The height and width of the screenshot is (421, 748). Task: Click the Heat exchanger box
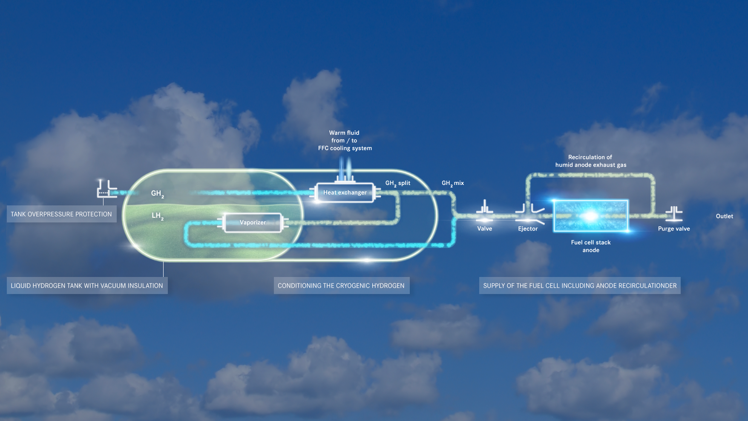345,193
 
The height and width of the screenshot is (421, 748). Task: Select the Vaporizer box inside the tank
253,222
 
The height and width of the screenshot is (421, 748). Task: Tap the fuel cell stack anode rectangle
590,216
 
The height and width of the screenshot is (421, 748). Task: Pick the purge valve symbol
674,213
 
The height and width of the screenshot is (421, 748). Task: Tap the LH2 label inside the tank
157,216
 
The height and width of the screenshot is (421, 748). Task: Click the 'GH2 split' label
398,183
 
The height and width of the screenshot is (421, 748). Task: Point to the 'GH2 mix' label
452,183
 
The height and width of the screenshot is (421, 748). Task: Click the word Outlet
724,216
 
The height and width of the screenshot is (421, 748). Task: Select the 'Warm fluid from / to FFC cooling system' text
345,141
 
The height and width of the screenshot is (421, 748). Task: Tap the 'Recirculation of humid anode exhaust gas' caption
590,161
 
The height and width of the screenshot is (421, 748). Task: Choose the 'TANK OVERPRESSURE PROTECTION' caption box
61,214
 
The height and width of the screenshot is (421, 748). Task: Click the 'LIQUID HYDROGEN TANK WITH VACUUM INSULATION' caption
87,285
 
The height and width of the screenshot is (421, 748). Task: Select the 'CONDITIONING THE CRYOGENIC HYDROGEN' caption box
341,285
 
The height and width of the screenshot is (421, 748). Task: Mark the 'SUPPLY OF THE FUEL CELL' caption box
580,285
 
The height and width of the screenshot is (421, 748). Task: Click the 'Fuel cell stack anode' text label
591,246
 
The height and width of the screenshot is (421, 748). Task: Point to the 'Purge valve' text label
674,229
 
